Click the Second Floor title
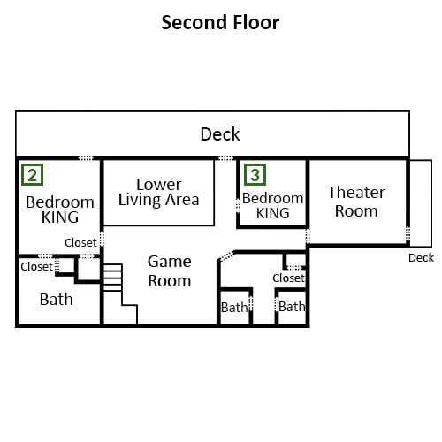pos(220,22)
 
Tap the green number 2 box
pos(33,175)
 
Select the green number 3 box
pos(255,175)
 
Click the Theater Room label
pos(356,202)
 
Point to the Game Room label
pos(170,271)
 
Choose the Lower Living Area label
pos(159,192)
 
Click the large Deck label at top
pos(220,134)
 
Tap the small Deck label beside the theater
pos(421,258)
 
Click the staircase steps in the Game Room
pos(112,278)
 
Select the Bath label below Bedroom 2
pos(57,300)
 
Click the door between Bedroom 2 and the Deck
pos(86,158)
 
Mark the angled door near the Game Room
pos(227,255)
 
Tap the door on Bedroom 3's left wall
pos(238,205)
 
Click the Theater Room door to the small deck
pos(408,233)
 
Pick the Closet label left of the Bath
pos(36,267)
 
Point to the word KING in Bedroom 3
pos(273,213)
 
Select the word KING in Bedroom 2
pos(60,217)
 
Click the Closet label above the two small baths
pos(288,278)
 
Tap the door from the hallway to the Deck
pos(225,158)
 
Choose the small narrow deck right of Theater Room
pos(421,203)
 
